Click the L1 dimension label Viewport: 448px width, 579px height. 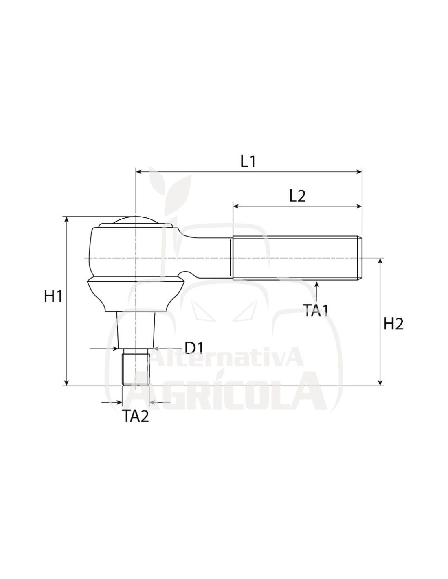[x=248, y=162]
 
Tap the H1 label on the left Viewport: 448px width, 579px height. [x=53, y=296]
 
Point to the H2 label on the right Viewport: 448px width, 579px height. [x=393, y=324]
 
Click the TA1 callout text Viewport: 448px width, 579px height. [x=316, y=311]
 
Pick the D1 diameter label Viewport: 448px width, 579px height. [x=194, y=348]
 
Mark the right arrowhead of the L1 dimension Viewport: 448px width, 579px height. [x=359, y=172]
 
